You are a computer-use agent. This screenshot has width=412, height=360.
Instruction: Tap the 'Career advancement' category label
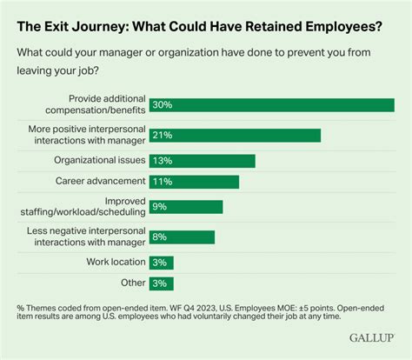click(101, 182)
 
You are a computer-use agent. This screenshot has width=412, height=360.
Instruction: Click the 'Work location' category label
click(114, 263)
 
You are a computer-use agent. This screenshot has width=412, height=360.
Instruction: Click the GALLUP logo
click(370, 335)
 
